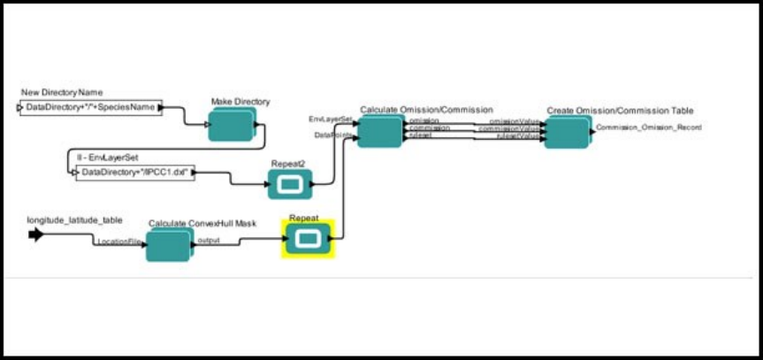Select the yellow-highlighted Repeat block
tap(308, 239)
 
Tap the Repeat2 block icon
tap(289, 185)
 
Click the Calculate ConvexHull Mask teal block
tap(168, 245)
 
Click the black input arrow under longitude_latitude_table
tap(35, 234)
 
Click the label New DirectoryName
tap(61, 92)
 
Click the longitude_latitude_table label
tap(74, 219)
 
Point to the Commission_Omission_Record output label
tap(649, 127)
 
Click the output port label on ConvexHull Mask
tap(209, 239)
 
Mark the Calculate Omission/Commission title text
tap(426, 110)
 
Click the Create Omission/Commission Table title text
tap(620, 111)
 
